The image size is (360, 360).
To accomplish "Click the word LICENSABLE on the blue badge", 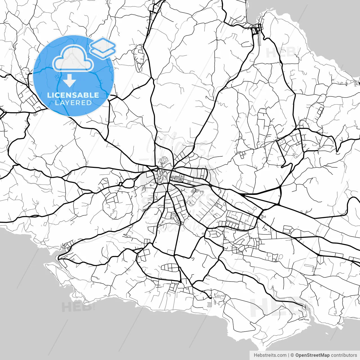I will click(x=73, y=95).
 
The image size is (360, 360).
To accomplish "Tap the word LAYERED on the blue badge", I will click(x=73, y=103).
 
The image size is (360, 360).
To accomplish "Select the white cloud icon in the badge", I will click(x=73, y=59).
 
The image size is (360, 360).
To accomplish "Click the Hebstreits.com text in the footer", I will click(x=270, y=355).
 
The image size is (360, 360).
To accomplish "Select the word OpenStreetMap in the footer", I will click(x=312, y=355).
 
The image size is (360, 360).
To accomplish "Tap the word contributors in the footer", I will click(x=344, y=355).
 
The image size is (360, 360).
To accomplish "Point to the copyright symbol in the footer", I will click(x=292, y=355).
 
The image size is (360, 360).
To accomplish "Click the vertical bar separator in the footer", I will click(x=289, y=355).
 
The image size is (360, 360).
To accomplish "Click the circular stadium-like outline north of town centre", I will click(x=164, y=160).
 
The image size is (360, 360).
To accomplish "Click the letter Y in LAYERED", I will click(x=68, y=103).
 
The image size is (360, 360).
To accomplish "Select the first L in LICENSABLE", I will click(x=49, y=95).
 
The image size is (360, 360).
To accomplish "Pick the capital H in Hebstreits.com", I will click(x=255, y=355).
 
